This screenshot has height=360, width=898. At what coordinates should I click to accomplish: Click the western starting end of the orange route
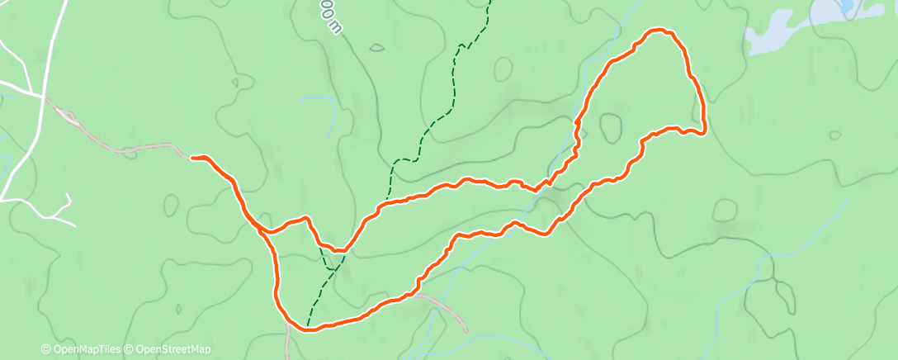pyautogui.click(x=193, y=157)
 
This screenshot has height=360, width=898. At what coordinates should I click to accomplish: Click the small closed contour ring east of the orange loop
pyautogui.click(x=725, y=210)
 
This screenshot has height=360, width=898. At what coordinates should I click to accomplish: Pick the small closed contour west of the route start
pyautogui.click(x=171, y=203)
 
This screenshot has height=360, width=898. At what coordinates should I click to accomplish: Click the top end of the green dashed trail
pyautogui.click(x=489, y=2)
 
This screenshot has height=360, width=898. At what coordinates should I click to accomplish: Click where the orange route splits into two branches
pyautogui.click(x=262, y=229)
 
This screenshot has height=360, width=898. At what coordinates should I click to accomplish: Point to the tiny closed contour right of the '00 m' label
pyautogui.click(x=376, y=48)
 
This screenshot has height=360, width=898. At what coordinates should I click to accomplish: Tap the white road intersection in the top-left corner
pyautogui.click(x=41, y=95)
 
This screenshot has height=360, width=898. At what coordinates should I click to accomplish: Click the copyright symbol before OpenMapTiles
pyautogui.click(x=46, y=349)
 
